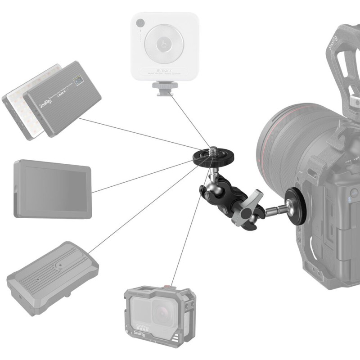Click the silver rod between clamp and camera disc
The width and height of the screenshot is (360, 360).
[274, 209]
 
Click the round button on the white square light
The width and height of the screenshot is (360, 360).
[165, 45]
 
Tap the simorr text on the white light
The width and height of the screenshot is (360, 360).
[165, 71]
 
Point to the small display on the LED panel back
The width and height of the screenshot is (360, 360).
[80, 82]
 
